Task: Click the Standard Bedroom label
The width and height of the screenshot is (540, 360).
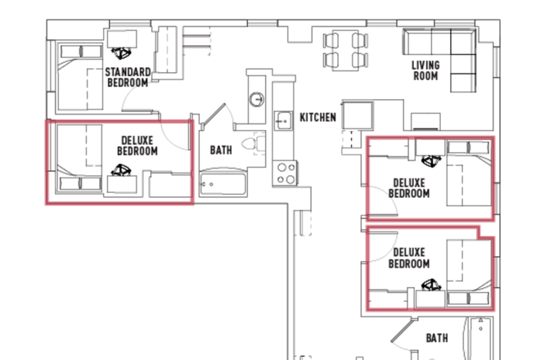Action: pos(128,78)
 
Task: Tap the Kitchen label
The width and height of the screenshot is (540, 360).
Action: pos(318,118)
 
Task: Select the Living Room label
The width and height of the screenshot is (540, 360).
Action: pos(425,70)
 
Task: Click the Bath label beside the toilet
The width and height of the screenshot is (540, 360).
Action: pos(221,151)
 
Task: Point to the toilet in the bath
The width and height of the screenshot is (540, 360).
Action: pos(253,143)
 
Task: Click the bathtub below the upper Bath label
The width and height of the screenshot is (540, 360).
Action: pos(223,183)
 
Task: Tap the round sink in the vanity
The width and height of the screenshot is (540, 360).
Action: pos(257,99)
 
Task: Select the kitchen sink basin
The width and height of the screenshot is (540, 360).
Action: pos(283,120)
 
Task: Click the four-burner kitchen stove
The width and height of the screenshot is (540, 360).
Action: pos(286,173)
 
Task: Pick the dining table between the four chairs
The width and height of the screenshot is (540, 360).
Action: pos(345,51)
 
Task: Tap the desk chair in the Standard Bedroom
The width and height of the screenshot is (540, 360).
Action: pos(121,53)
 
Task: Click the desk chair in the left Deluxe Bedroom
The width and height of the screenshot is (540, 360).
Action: pos(121,170)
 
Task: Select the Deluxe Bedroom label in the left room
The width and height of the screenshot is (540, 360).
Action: pos(137,146)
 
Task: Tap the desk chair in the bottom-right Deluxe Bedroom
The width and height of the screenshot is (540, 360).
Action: pos(431,285)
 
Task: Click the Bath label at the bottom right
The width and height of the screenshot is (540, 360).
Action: pos(437,338)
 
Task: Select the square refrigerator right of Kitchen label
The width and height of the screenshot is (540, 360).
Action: pos(358,115)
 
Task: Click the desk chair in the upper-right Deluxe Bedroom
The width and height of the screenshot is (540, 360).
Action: pos(431,161)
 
